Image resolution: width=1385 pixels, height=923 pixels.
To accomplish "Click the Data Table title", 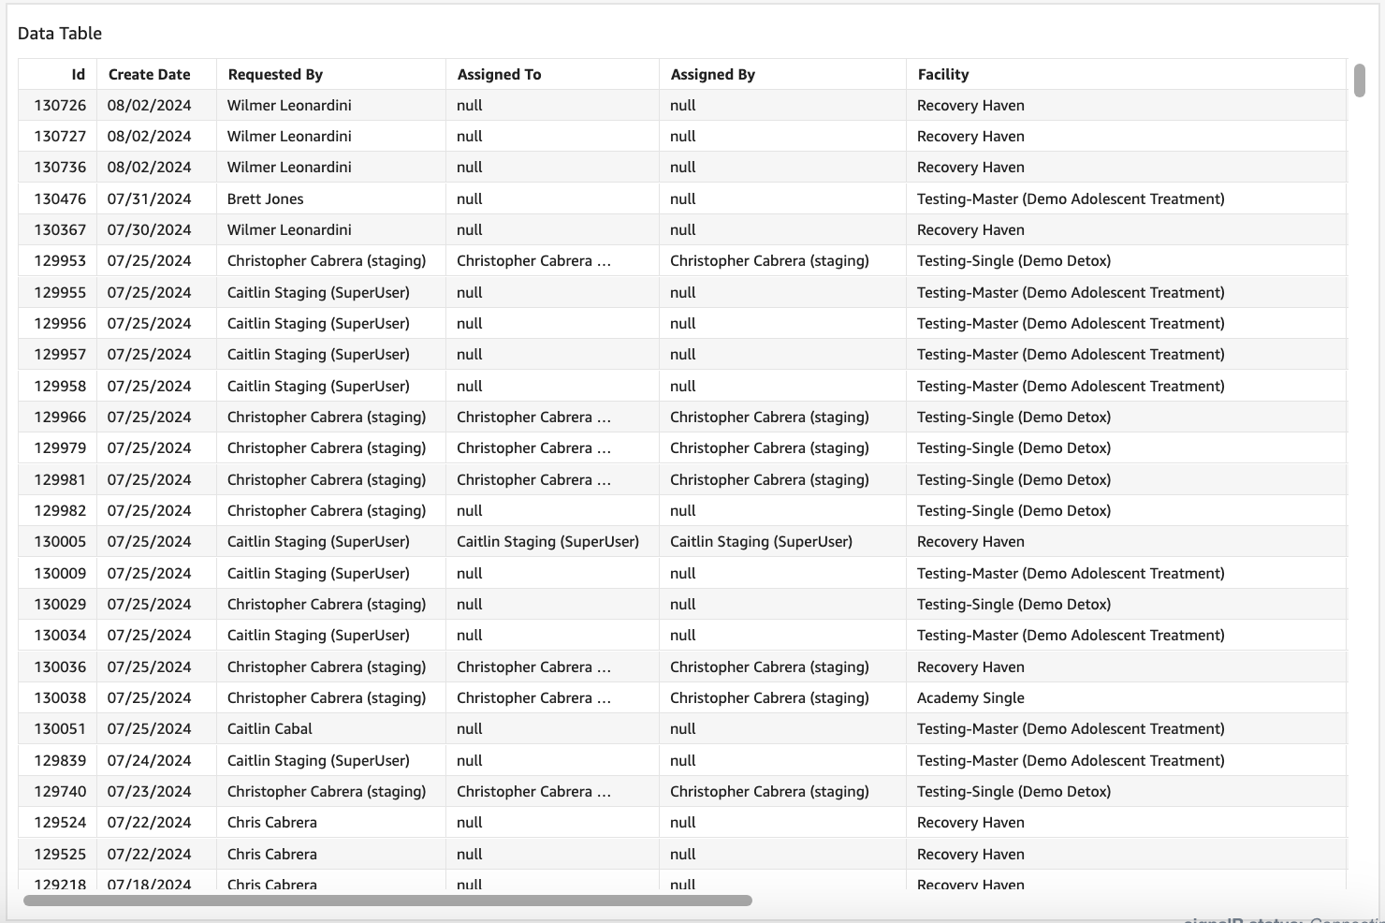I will click(60, 34).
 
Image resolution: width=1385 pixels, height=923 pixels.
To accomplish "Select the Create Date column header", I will click(149, 75).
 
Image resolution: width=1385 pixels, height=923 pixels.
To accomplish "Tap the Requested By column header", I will click(275, 75).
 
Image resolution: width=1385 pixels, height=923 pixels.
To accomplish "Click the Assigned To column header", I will click(499, 75).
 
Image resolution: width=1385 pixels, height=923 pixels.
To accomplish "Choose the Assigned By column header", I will click(712, 75).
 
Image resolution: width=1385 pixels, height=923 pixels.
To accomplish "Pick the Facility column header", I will click(942, 75).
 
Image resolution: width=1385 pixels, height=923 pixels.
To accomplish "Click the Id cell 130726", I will click(60, 106).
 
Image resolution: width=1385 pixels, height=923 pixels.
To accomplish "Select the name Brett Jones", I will click(265, 199).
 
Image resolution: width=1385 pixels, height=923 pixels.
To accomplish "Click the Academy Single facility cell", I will click(970, 698).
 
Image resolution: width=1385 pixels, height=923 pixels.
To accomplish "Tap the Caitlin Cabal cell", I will click(270, 729).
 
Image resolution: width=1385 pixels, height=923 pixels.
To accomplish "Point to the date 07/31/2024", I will click(149, 199).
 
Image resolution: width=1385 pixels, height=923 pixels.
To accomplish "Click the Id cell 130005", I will click(60, 542).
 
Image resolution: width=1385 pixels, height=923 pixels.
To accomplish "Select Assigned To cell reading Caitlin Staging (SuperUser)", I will click(547, 542).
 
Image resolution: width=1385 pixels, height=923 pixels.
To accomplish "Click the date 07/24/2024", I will click(149, 761).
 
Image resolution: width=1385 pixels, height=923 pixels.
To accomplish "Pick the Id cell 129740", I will click(60, 792).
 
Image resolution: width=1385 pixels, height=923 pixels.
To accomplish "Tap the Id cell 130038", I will click(60, 698).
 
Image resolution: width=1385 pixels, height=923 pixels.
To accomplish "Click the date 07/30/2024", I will click(149, 230).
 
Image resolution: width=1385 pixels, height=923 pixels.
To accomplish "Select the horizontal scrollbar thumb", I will click(387, 901).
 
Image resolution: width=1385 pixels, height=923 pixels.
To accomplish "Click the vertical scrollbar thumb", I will click(1360, 81).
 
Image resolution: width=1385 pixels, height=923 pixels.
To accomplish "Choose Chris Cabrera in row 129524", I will click(271, 823).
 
